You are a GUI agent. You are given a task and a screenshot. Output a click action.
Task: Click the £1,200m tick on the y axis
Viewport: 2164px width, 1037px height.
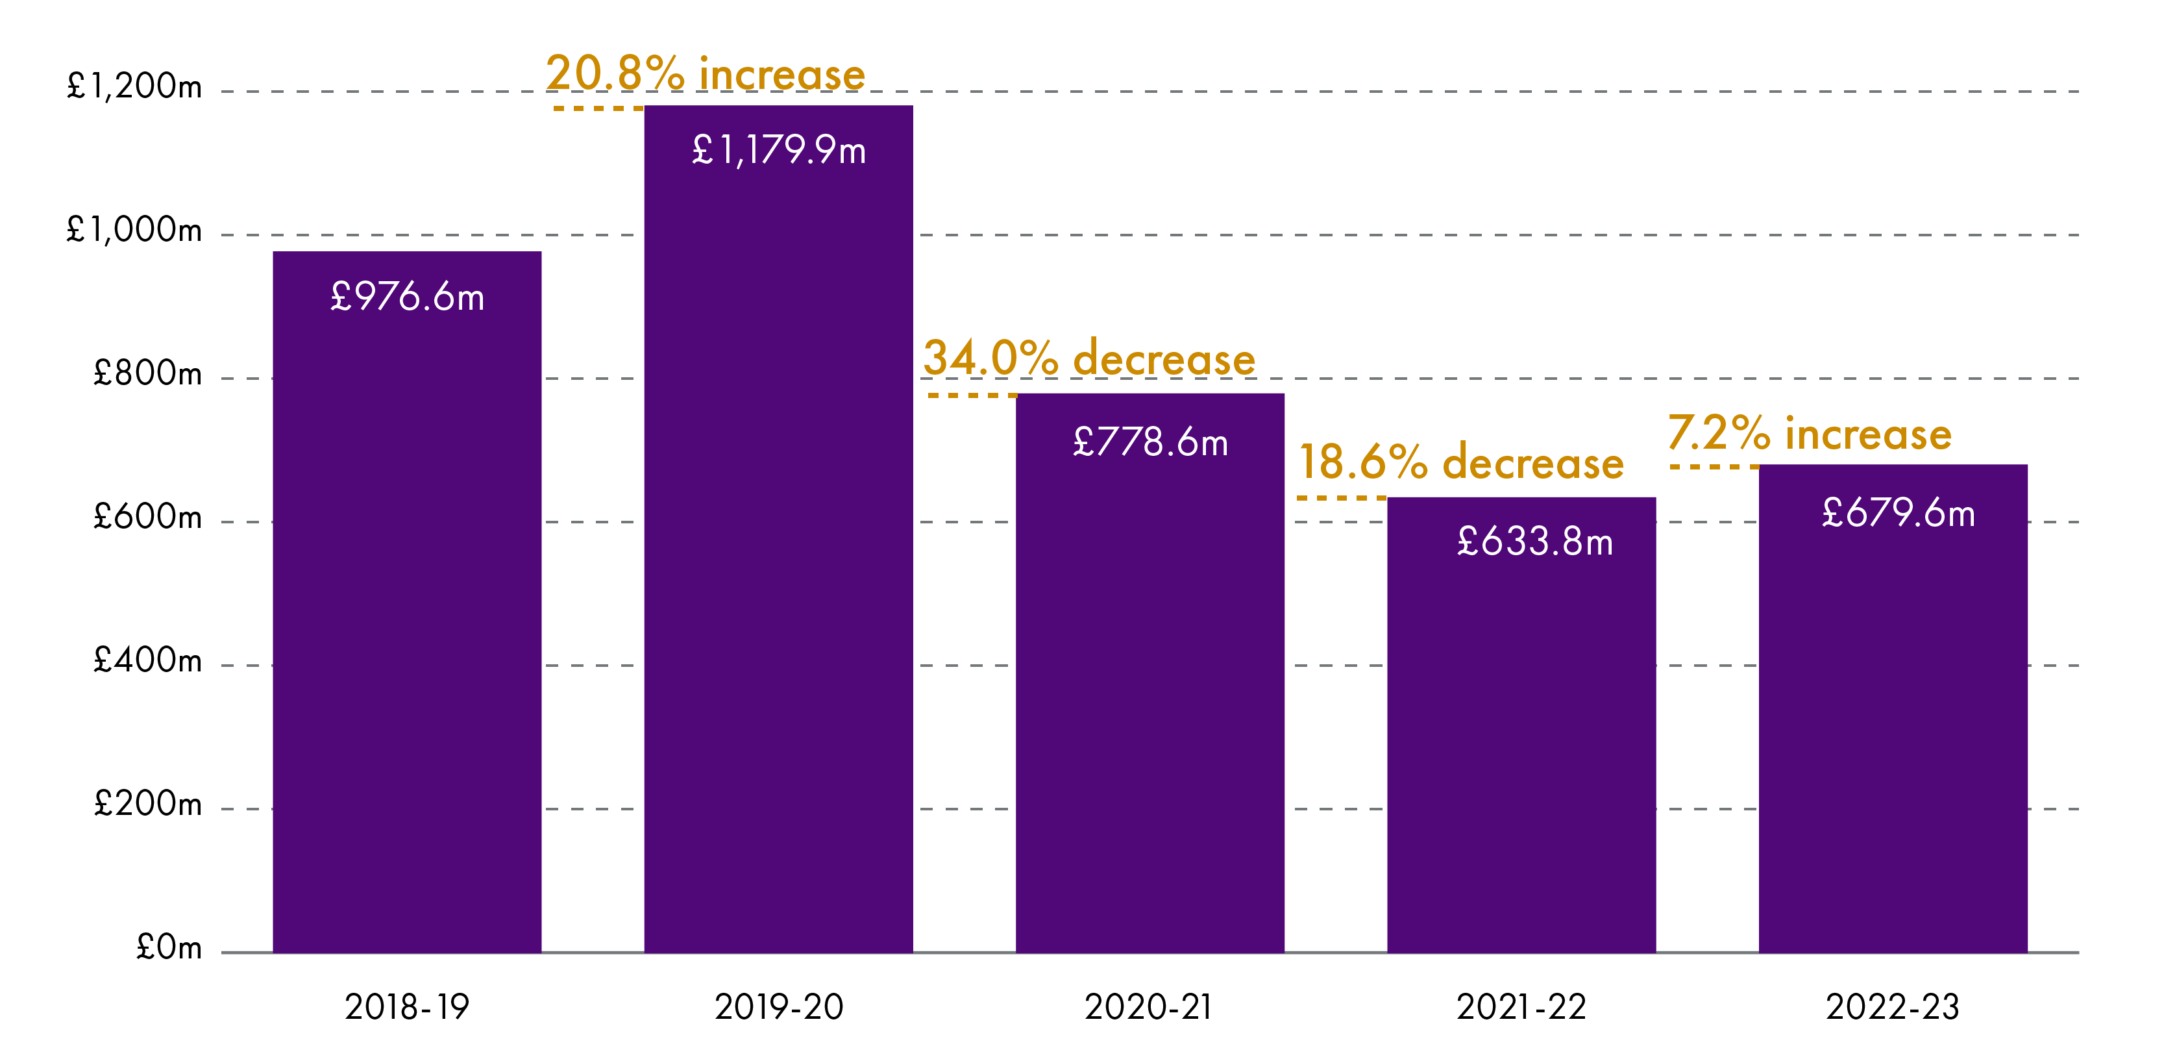click(x=134, y=86)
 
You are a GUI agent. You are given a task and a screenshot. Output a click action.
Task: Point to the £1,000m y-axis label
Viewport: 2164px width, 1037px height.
click(x=134, y=231)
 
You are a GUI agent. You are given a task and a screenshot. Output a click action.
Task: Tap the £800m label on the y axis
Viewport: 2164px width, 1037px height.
click(x=148, y=374)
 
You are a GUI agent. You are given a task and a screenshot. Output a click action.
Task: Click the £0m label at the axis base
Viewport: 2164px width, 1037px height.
click(x=169, y=949)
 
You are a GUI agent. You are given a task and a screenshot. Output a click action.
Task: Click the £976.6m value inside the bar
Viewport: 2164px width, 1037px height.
click(x=408, y=297)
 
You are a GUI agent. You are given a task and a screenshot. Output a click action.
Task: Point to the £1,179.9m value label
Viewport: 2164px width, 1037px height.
click(x=779, y=151)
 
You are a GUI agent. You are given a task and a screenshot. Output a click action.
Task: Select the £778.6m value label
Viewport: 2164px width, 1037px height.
click(x=1150, y=443)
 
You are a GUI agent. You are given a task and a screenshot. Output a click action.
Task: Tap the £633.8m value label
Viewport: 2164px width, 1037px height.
click(x=1535, y=542)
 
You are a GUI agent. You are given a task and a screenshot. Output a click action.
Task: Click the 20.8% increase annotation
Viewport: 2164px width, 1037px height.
click(x=706, y=74)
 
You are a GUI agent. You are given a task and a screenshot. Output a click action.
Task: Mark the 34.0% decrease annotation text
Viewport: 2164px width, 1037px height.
click(x=1088, y=359)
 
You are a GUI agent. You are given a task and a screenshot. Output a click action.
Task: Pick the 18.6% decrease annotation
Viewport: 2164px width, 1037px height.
click(x=1461, y=463)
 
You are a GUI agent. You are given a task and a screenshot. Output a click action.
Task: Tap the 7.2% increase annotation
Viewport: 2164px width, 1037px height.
click(x=1810, y=434)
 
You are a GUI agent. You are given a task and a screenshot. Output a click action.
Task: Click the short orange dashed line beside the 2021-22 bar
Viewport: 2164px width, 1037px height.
click(x=1341, y=498)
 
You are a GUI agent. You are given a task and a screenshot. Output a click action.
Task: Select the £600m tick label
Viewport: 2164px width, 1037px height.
click(x=148, y=518)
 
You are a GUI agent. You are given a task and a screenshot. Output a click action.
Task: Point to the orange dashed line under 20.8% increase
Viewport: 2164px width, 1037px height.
click(x=597, y=108)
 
